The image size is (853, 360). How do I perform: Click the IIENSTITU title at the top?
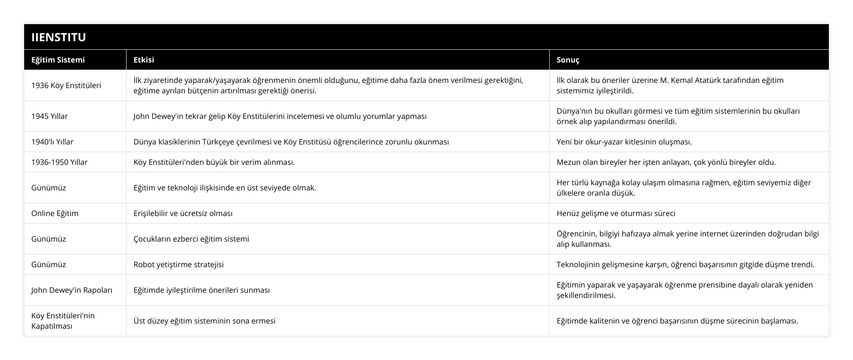click(59, 37)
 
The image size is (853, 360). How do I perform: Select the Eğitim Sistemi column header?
click(58, 60)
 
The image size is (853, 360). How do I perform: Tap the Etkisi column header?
click(144, 60)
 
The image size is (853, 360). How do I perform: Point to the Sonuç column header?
click(568, 60)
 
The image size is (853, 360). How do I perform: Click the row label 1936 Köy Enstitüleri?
click(66, 85)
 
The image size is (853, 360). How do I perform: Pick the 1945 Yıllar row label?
click(49, 116)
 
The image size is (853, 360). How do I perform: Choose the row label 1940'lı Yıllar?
click(52, 142)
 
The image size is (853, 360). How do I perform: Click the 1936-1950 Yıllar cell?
click(59, 162)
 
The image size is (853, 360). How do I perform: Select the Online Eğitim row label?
click(54, 213)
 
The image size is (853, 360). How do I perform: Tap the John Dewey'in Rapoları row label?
click(72, 290)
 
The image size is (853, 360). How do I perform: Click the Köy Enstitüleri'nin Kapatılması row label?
click(63, 321)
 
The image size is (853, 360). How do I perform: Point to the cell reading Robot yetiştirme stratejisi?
click(178, 264)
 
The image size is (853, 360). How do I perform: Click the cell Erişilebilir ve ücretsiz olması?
click(183, 213)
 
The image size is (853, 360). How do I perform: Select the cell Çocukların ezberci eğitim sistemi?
click(191, 239)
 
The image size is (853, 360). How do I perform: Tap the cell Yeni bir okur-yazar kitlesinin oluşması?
click(624, 142)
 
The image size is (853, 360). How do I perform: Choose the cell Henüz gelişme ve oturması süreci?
click(616, 213)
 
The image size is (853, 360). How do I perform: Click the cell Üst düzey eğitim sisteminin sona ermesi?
click(204, 321)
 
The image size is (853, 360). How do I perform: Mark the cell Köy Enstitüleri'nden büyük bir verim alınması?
click(214, 162)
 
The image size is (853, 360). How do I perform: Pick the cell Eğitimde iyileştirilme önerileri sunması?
click(201, 290)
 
